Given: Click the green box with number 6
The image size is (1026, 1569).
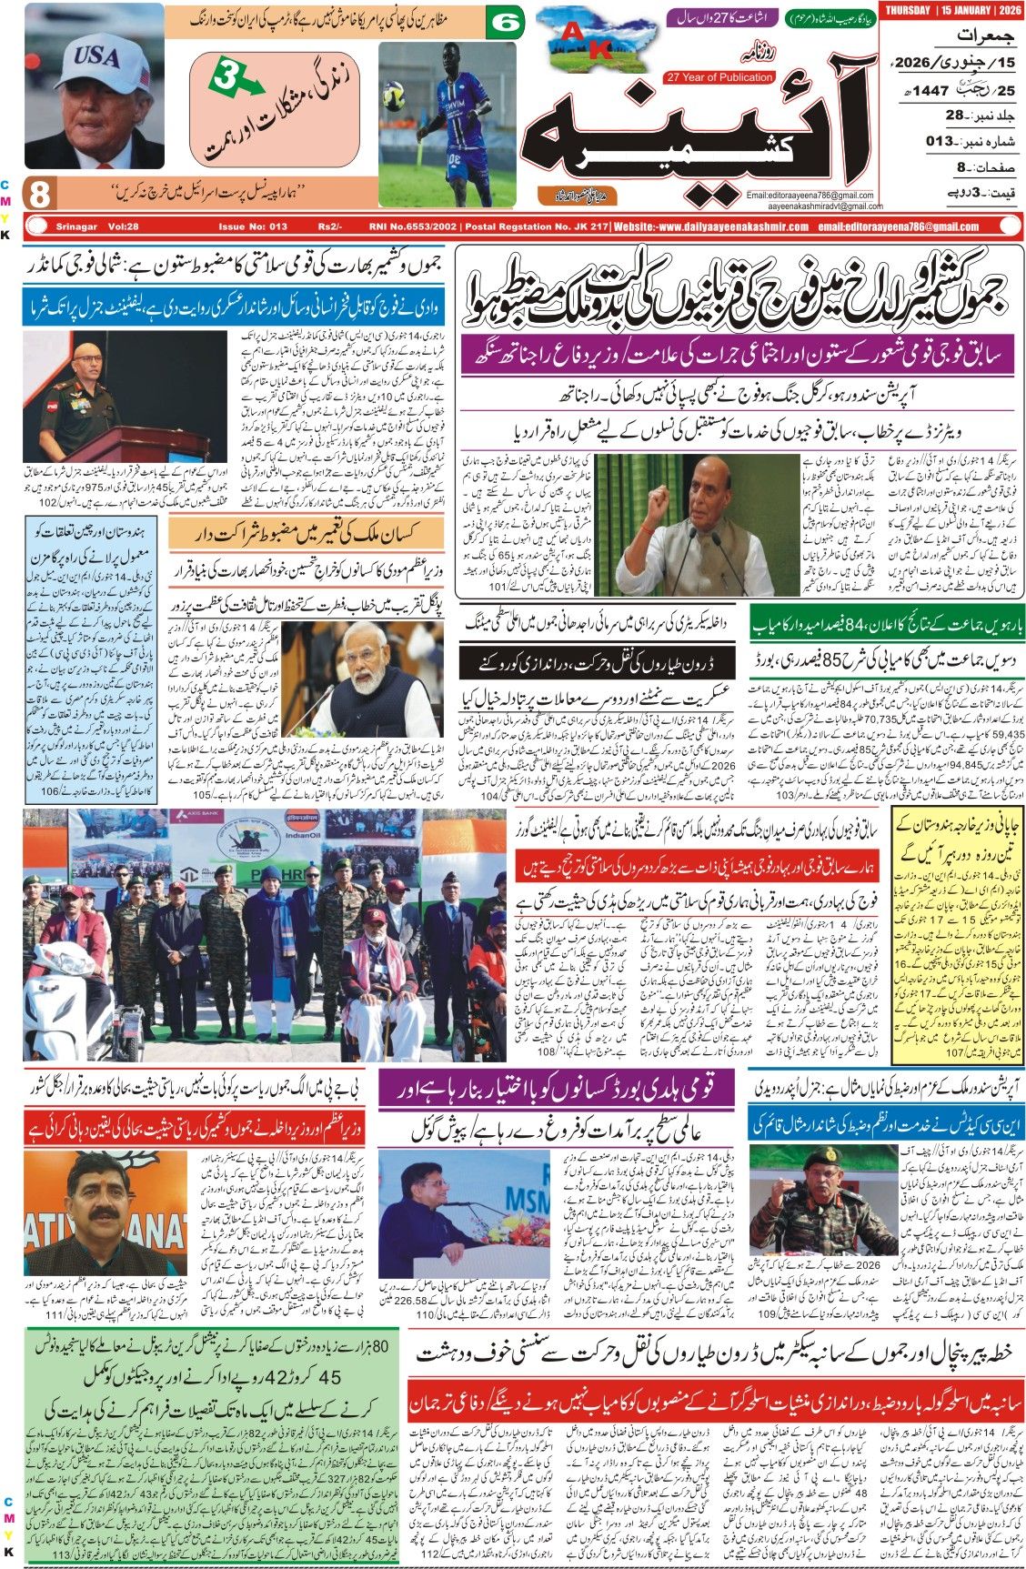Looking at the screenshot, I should pyautogui.click(x=506, y=23).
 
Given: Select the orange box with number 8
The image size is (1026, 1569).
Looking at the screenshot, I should pyautogui.click(x=41, y=194).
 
